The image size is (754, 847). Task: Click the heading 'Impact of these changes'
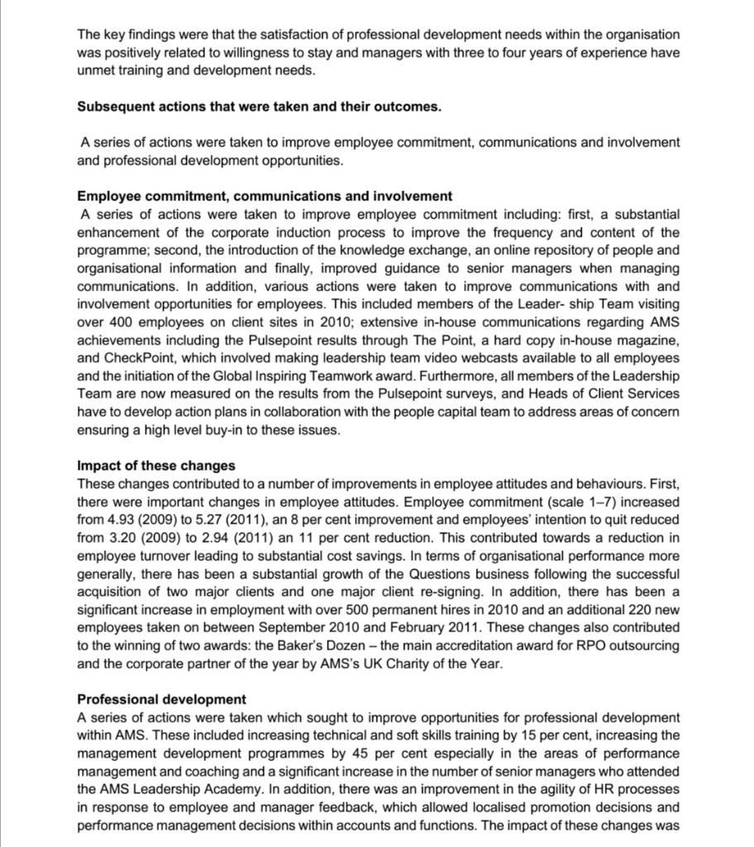coord(156,465)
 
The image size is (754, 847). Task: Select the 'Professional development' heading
coord(161,699)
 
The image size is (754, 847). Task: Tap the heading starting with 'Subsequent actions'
coord(259,107)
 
